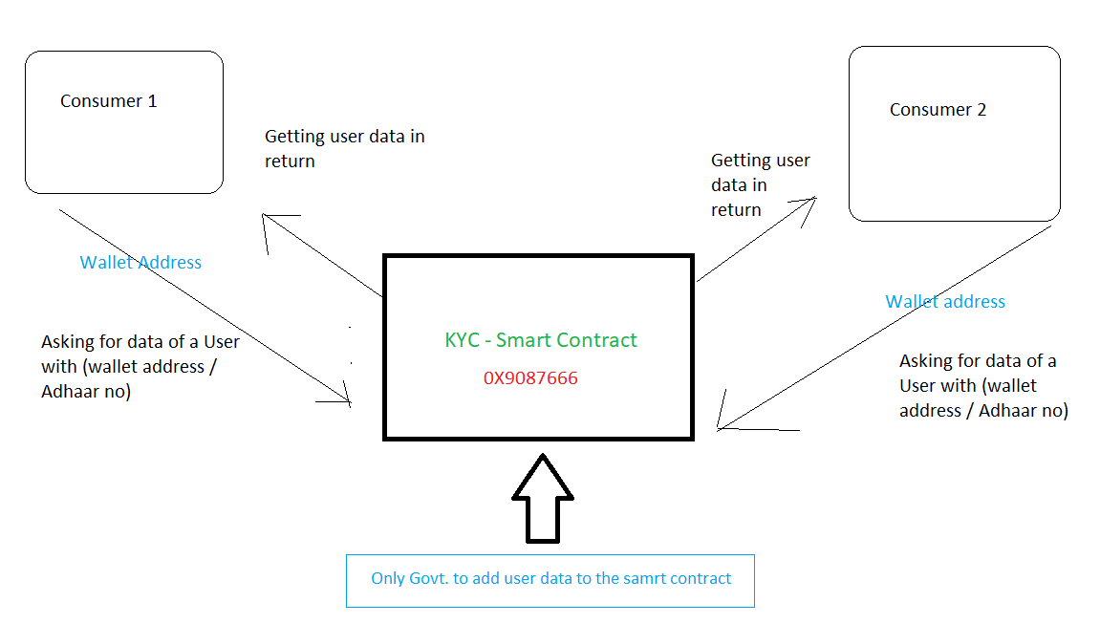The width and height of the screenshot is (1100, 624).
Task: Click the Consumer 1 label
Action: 108,101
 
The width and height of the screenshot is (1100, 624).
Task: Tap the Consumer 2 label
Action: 938,110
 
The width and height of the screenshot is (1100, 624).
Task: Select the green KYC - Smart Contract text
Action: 541,340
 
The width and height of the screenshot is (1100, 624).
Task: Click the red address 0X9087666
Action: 530,378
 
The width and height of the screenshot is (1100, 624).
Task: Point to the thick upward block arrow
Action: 543,497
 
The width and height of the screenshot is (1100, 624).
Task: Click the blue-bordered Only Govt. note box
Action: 550,579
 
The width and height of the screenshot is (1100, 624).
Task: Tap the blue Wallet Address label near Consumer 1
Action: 140,263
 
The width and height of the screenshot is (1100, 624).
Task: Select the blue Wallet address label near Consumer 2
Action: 945,302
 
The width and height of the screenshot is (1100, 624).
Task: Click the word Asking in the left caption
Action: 67,342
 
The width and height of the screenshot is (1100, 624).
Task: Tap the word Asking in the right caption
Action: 925,361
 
